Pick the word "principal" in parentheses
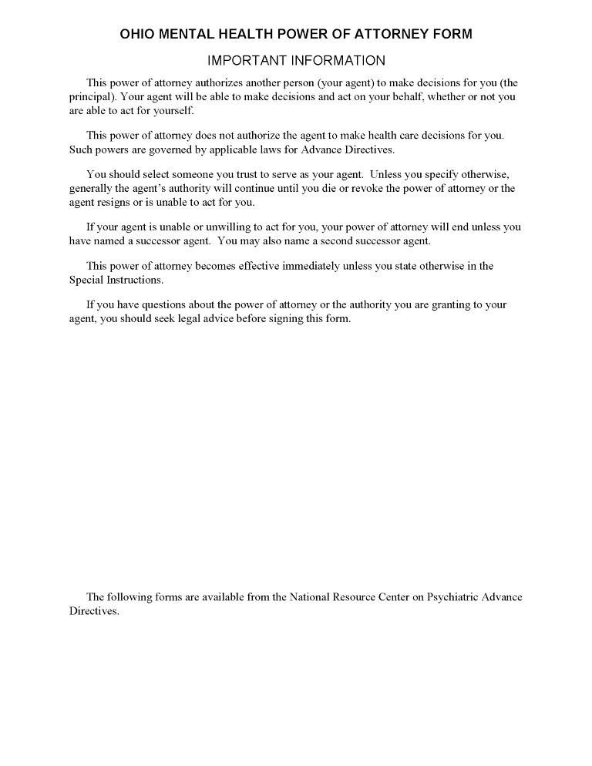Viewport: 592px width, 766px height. (x=90, y=97)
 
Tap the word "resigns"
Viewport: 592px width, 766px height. (x=115, y=203)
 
